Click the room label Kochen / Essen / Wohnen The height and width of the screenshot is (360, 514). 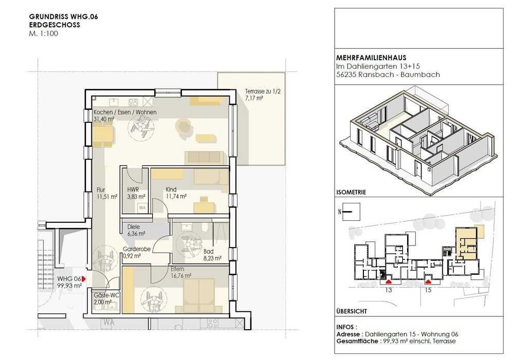click(125, 112)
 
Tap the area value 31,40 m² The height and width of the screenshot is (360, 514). click(104, 119)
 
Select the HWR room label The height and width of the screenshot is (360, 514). click(133, 190)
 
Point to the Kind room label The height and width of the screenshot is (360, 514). click(171, 190)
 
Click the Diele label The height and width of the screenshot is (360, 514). click(134, 226)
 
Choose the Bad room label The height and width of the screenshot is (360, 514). click(208, 251)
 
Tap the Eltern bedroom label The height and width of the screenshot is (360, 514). click(177, 269)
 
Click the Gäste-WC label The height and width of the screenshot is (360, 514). click(106, 295)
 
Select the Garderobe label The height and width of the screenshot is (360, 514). click(137, 249)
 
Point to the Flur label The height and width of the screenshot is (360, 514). click(101, 190)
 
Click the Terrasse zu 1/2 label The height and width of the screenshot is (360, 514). click(263, 91)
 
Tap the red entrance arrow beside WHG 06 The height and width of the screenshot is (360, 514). click(84, 279)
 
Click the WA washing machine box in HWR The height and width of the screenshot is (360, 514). click(142, 207)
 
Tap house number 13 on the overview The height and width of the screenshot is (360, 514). click(389, 290)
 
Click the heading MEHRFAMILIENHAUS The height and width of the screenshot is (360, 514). click(371, 58)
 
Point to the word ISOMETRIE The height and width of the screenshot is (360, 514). click(351, 192)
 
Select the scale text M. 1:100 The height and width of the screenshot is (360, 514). click(44, 33)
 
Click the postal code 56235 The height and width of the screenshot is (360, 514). click(346, 74)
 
